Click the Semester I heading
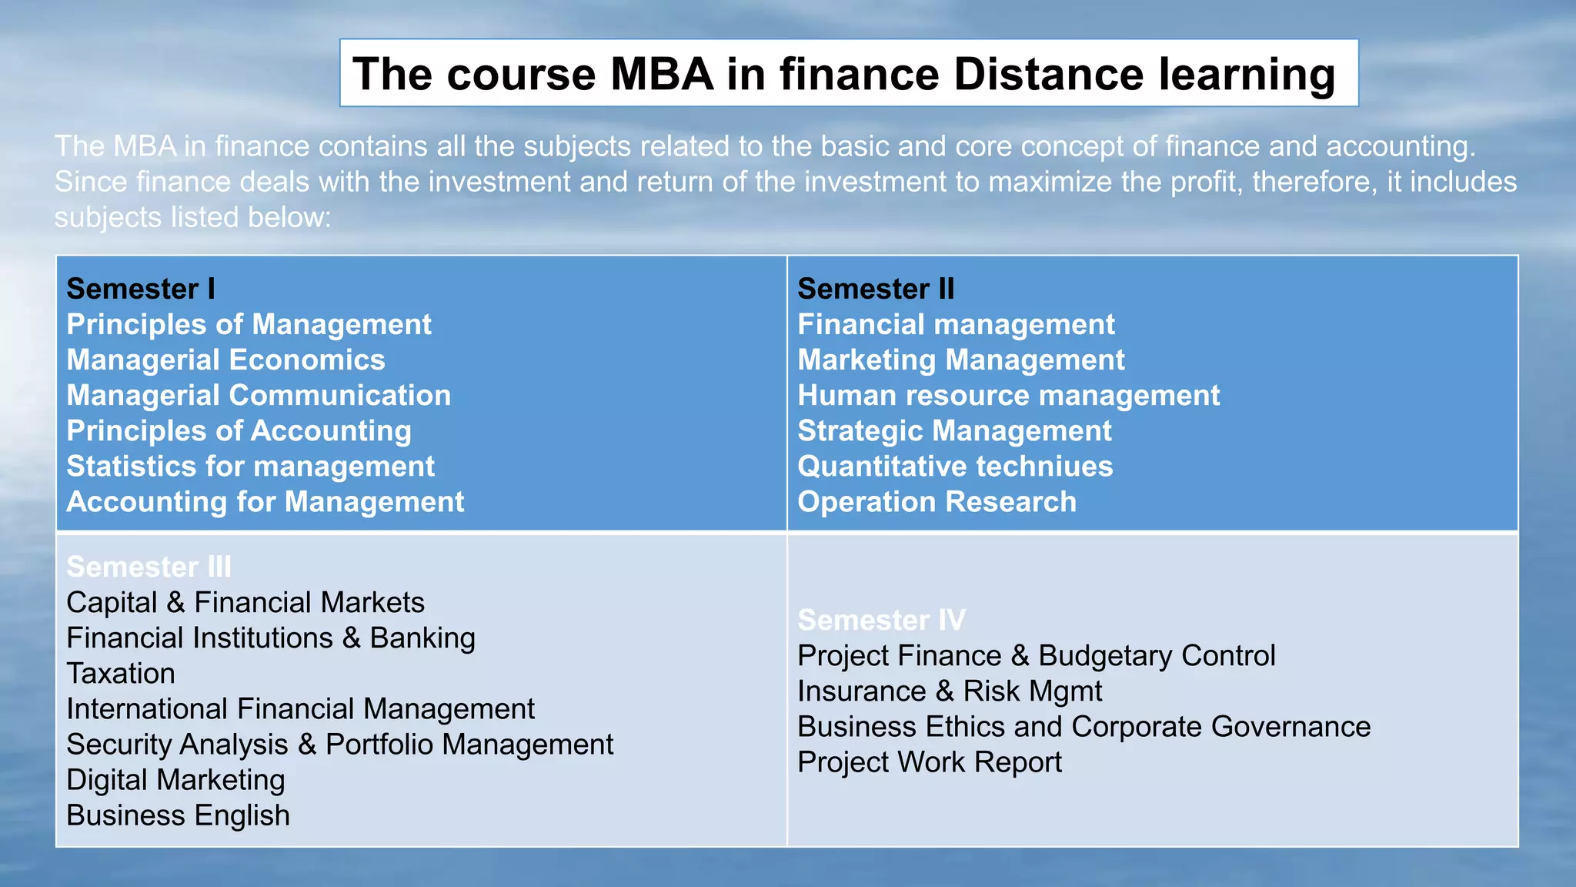tap(141, 289)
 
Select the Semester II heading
tap(876, 289)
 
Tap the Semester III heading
tap(149, 567)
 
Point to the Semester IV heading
tap(881, 620)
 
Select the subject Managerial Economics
tap(225, 360)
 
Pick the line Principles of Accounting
tap(239, 430)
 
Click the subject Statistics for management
tap(250, 466)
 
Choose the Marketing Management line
tap(960, 360)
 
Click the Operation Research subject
tap(937, 501)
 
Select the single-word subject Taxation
tap(121, 674)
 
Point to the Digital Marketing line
tap(175, 780)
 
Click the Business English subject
tap(178, 815)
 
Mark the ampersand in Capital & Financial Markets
tap(176, 603)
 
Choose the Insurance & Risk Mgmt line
tap(950, 691)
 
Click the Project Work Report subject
tap(929, 762)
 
